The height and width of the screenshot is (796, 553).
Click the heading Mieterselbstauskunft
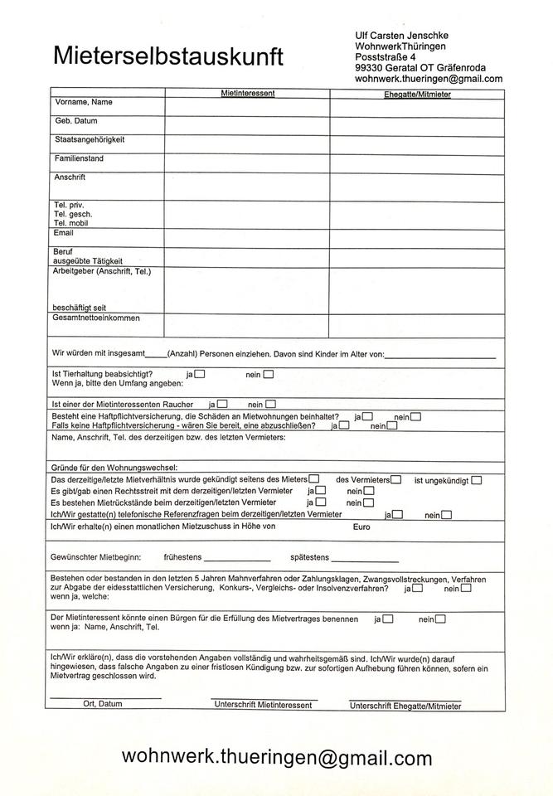pyautogui.click(x=168, y=56)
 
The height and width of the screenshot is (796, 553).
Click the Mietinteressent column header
pyautogui.click(x=248, y=94)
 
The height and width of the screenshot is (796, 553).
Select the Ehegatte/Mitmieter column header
pyautogui.click(x=417, y=95)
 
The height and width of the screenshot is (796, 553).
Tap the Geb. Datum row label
pyautogui.click(x=76, y=121)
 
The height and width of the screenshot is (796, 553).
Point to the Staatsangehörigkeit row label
pyautogui.click(x=90, y=139)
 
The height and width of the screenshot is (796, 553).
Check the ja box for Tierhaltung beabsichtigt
pyautogui.click(x=200, y=374)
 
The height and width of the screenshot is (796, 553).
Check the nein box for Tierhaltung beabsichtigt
pyautogui.click(x=269, y=374)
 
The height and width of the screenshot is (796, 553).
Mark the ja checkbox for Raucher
pyautogui.click(x=222, y=404)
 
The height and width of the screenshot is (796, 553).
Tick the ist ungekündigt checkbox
pyautogui.click(x=476, y=479)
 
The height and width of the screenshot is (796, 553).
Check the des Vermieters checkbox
pyautogui.click(x=397, y=479)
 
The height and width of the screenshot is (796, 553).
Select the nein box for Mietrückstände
pyautogui.click(x=368, y=502)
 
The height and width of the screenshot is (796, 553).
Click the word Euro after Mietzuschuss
pyautogui.click(x=361, y=527)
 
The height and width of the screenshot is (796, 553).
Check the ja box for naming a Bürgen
pyautogui.click(x=388, y=619)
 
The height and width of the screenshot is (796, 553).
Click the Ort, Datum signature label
pyautogui.click(x=103, y=704)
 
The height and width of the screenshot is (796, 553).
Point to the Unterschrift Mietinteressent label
pyautogui.click(x=263, y=705)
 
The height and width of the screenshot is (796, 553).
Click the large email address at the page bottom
pyautogui.click(x=277, y=757)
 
